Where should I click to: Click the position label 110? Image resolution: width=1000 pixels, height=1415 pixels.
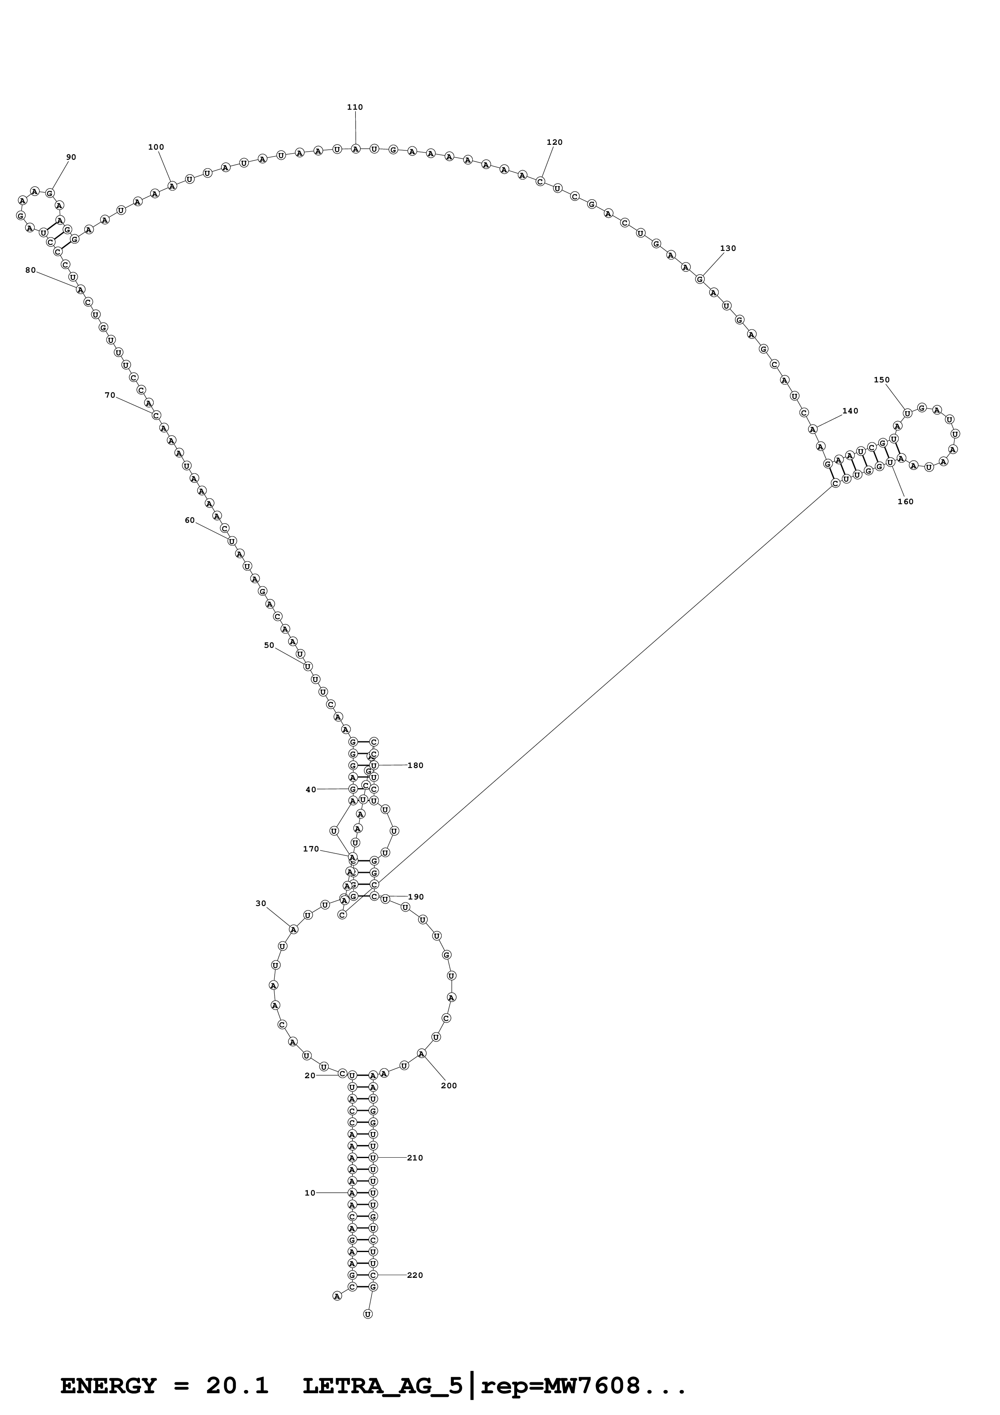pos(355,107)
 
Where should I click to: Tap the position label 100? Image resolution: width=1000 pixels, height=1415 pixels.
pos(156,147)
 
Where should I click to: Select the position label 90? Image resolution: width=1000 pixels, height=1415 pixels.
pos(71,157)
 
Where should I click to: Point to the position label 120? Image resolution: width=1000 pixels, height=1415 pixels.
pos(555,142)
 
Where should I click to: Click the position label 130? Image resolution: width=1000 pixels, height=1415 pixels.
pos(728,248)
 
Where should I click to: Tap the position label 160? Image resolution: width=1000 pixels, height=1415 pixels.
pos(905,502)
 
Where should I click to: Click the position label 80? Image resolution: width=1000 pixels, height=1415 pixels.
pos(30,270)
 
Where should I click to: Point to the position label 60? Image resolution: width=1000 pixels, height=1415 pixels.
pos(190,520)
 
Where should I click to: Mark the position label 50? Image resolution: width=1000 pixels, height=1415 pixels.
pos(269,645)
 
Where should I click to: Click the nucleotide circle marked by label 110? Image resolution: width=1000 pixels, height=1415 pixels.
pos(355,148)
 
